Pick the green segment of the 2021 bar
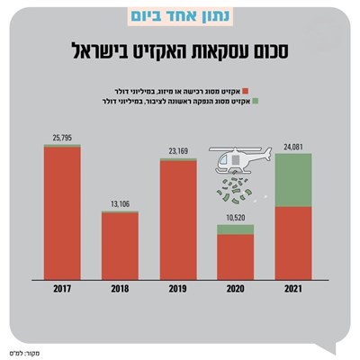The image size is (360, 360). point(293,180)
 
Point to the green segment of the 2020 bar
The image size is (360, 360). point(236,229)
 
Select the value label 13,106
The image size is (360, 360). point(120,202)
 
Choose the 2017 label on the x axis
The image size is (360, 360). point(62,289)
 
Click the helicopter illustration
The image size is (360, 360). point(237,161)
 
